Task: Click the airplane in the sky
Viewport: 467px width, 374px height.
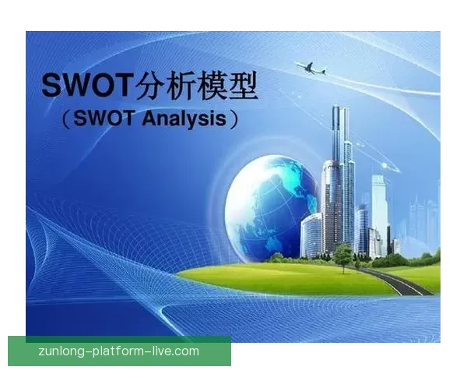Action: (x=311, y=68)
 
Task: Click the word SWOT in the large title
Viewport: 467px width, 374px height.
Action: (x=87, y=85)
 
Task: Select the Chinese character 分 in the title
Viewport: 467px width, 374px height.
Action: (x=152, y=85)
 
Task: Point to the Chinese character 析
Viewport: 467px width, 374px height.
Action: (x=187, y=85)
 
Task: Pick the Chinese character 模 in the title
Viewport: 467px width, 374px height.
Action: (x=221, y=85)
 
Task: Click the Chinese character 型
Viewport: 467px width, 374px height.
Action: (x=252, y=85)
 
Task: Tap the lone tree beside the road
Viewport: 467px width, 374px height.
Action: (x=342, y=253)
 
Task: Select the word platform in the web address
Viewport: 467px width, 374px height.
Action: (x=120, y=351)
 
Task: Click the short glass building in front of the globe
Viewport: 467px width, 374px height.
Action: (x=311, y=234)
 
